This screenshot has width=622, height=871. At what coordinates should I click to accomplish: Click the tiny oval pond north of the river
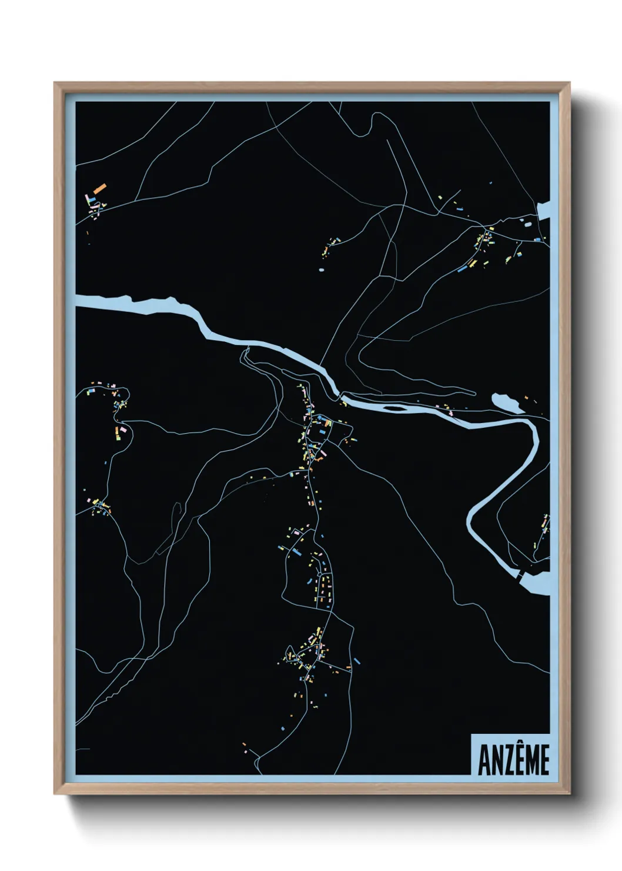point(320,270)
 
